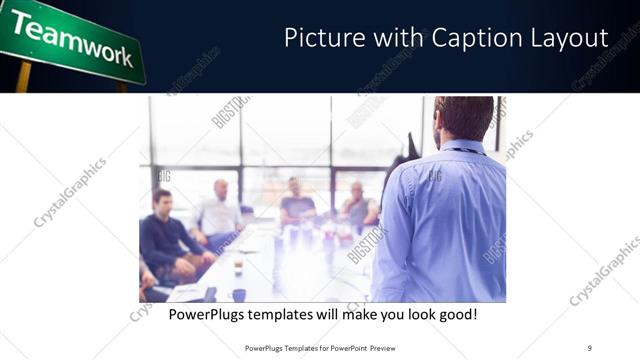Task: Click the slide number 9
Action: (589, 347)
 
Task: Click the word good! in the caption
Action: (455, 314)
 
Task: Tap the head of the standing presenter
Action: (464, 119)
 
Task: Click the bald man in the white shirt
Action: (220, 212)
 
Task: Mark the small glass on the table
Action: (238, 268)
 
